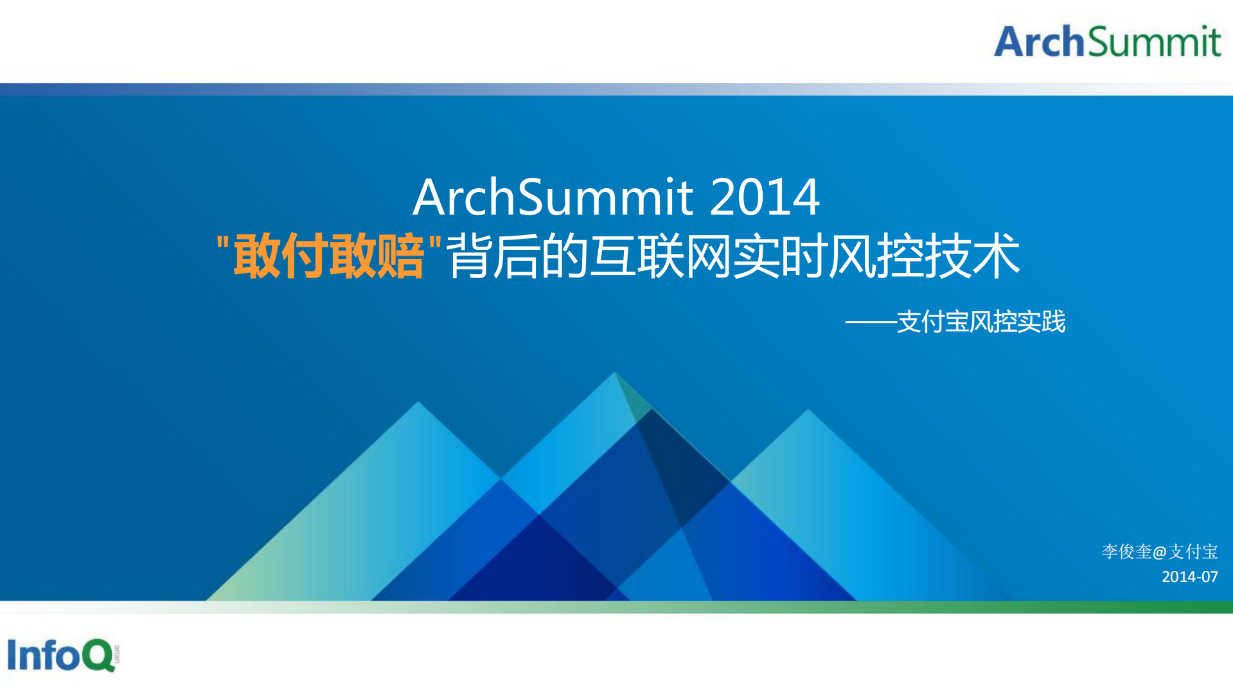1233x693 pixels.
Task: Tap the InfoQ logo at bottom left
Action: (62, 654)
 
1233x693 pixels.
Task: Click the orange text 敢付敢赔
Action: (328, 256)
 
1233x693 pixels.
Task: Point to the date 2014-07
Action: (1189, 577)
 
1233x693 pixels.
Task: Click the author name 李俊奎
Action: (1126, 552)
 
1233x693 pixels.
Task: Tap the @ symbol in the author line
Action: (1160, 552)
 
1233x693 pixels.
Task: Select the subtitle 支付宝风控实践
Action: (981, 322)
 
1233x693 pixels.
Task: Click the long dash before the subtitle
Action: (871, 322)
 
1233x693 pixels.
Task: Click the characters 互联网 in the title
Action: (661, 256)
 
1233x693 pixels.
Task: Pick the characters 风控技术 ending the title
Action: (924, 256)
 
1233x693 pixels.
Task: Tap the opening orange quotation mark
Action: (223, 244)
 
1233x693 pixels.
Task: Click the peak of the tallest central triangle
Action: (615, 372)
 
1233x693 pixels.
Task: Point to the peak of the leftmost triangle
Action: (418, 402)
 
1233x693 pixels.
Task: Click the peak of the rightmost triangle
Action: (808, 409)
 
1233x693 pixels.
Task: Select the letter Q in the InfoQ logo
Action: (98, 655)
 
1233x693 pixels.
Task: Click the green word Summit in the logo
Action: (1154, 42)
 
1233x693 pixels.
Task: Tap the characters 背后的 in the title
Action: (517, 256)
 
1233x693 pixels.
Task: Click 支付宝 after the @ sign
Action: (1193, 552)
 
